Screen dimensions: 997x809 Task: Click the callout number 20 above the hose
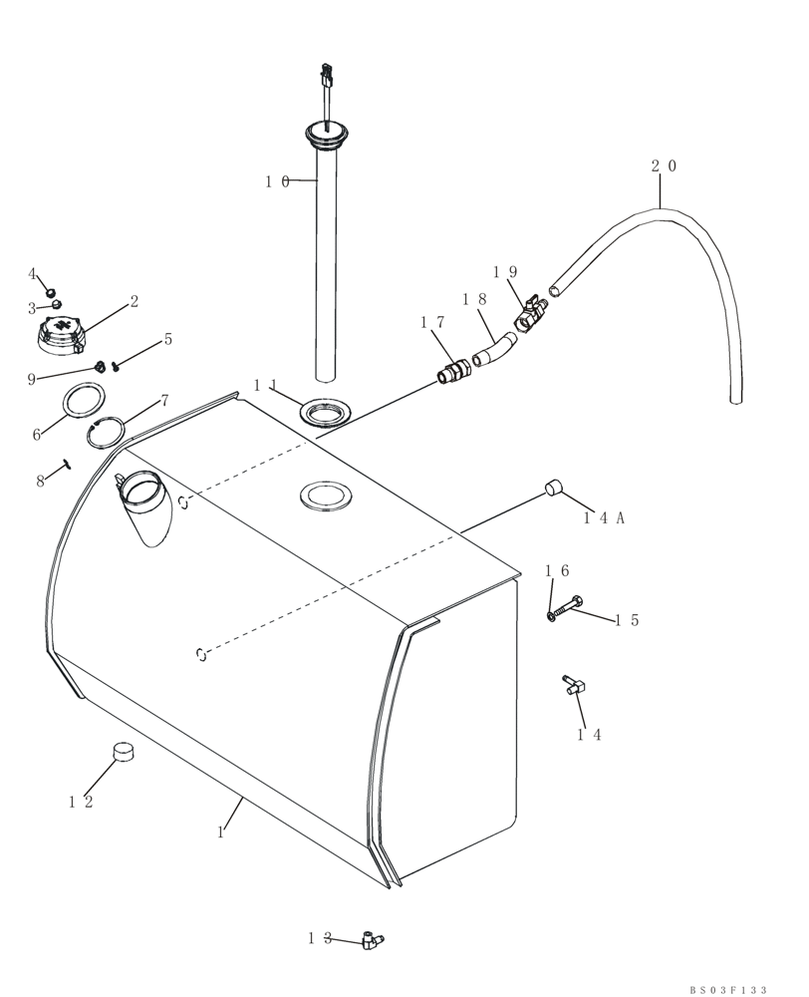coord(664,166)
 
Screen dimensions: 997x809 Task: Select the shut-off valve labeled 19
coord(528,315)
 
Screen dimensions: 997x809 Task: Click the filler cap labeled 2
coord(62,335)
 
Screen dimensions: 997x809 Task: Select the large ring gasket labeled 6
coord(85,403)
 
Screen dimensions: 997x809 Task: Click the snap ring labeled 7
coord(106,434)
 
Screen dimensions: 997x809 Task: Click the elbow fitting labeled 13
coord(373,939)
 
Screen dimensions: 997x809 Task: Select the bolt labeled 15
coord(571,605)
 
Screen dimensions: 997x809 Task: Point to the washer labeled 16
coord(551,617)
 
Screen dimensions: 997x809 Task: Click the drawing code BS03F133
coord(728,989)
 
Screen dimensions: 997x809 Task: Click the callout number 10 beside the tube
coord(277,181)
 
